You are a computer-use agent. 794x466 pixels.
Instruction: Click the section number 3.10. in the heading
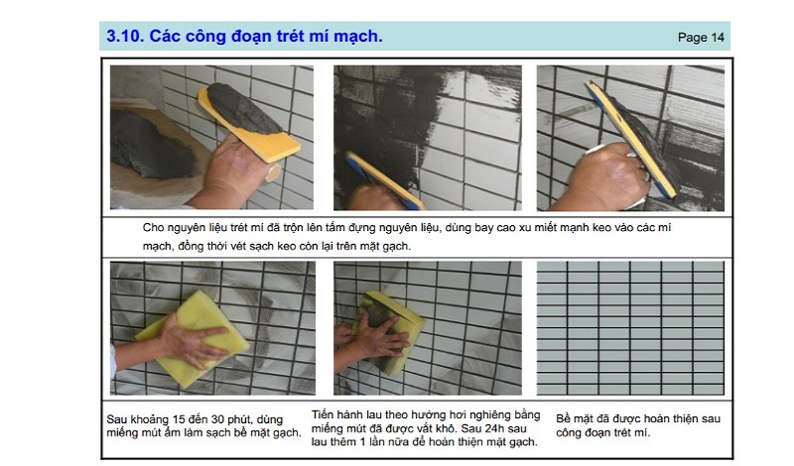(x=123, y=37)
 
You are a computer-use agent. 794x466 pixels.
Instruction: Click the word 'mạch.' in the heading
(x=356, y=37)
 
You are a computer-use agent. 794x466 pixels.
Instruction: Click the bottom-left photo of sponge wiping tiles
(x=211, y=327)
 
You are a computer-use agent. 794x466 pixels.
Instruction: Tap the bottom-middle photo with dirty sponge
(x=427, y=327)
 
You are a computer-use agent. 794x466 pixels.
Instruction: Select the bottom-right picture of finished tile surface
(x=630, y=327)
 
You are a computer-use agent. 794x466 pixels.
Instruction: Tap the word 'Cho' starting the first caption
(x=154, y=228)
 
